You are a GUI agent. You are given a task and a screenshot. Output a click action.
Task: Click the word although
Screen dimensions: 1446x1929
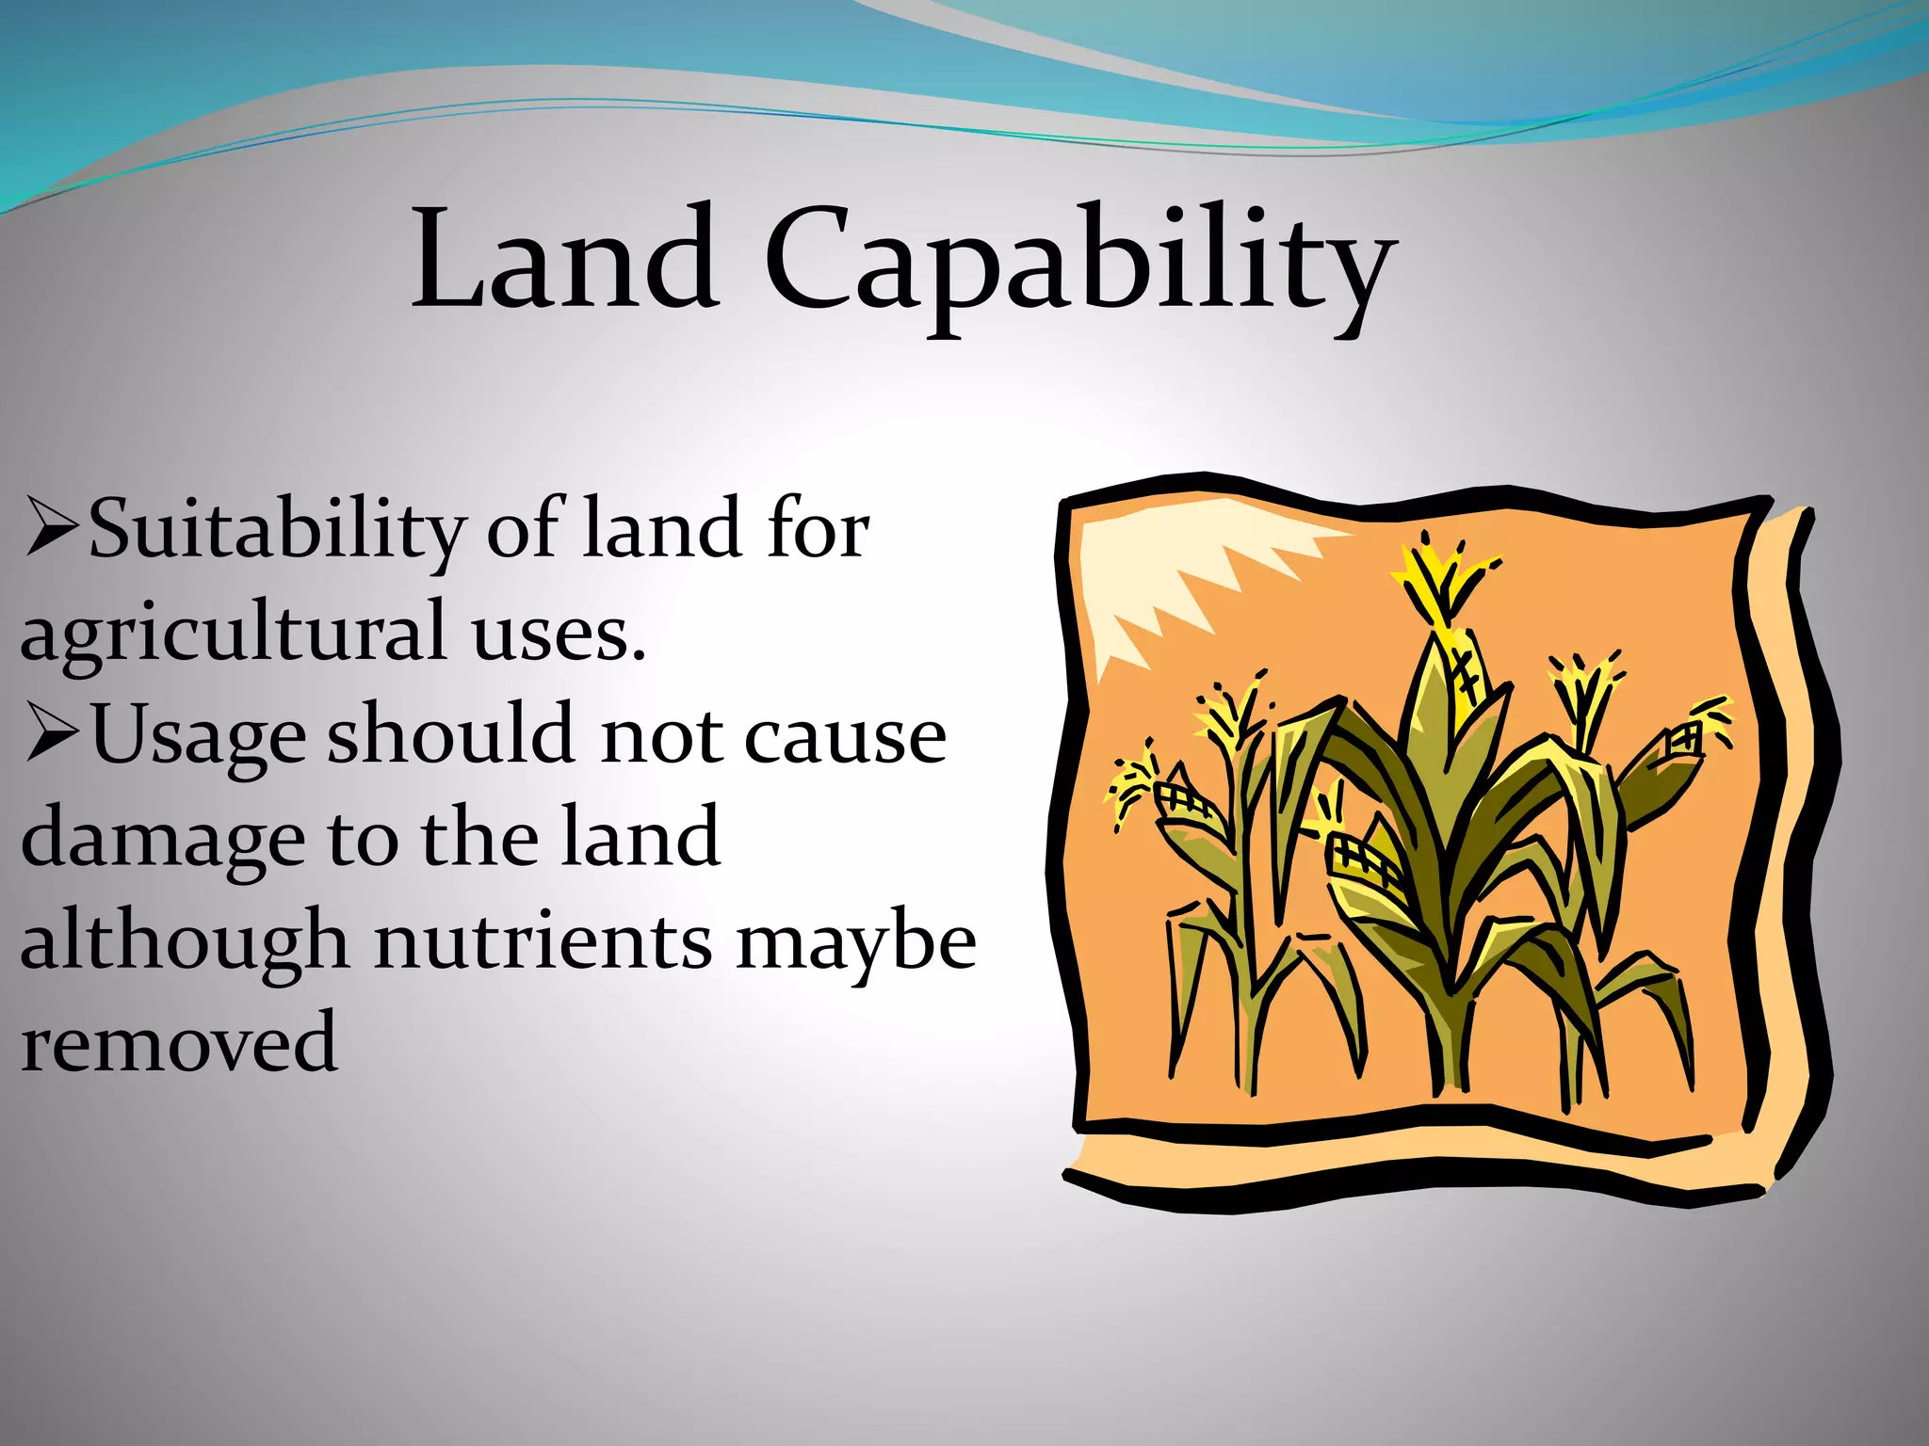185,942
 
